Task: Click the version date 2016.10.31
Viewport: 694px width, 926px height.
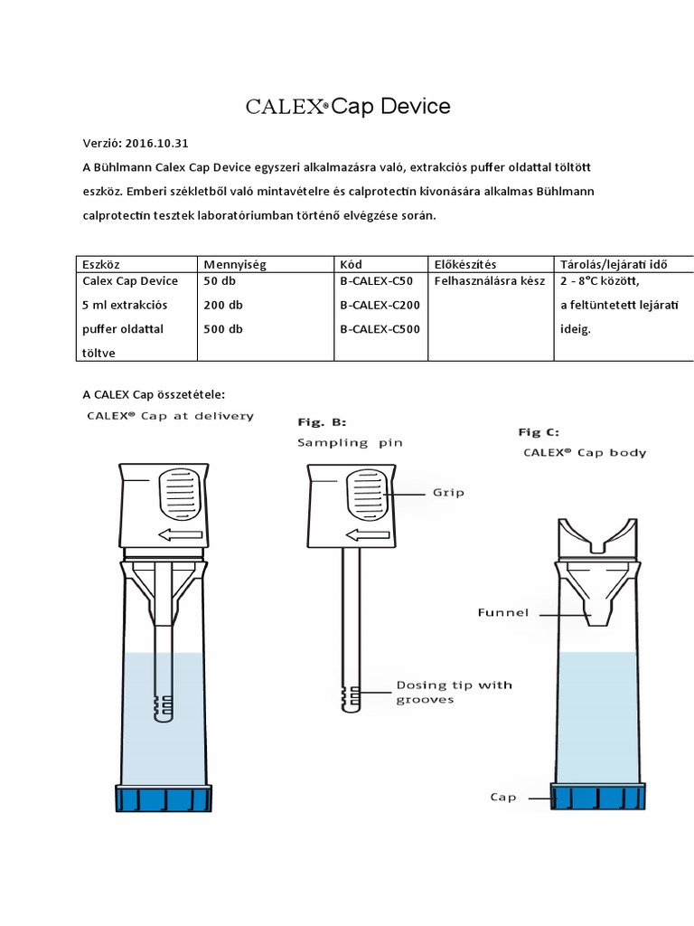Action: point(157,143)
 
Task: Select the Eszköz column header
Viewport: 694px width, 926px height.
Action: point(101,264)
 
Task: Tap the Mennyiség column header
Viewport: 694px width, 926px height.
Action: point(235,264)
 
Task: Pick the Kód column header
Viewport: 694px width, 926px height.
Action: point(351,264)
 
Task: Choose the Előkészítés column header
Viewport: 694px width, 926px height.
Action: point(465,264)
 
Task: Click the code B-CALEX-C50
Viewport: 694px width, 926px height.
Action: point(377,280)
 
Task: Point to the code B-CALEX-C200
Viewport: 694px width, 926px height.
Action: point(380,305)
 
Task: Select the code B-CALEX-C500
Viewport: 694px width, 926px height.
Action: point(380,329)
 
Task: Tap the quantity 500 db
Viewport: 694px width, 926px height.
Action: point(223,329)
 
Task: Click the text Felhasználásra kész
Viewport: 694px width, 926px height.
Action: point(490,280)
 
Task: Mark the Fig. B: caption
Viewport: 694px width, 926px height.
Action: point(322,422)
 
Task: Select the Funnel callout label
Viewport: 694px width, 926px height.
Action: point(502,612)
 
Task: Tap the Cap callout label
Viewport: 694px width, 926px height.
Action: point(502,798)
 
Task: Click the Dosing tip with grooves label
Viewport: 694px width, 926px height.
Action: point(454,692)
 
